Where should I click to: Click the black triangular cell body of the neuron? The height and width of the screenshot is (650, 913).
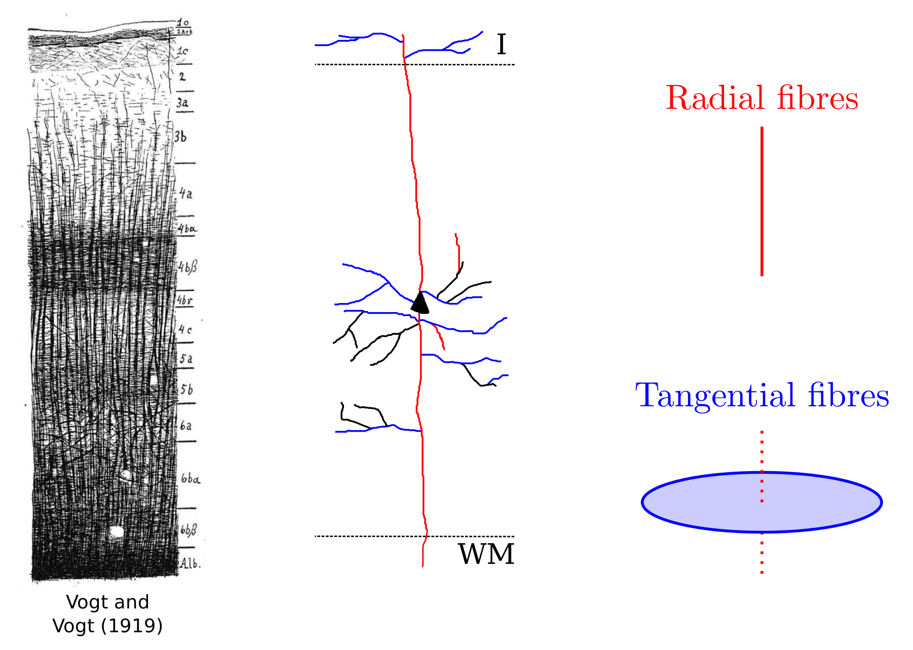pos(420,303)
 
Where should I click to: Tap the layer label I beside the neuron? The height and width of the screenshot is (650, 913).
pos(501,45)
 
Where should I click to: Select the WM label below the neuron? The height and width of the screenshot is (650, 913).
pos(486,554)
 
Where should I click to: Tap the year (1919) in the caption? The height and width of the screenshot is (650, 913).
pos(131,626)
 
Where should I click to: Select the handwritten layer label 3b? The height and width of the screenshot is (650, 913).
pos(181,137)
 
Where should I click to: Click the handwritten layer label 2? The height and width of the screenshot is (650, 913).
pos(182,77)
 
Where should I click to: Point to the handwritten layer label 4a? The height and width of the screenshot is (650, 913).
pos(185,194)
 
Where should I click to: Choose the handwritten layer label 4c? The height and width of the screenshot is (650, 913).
pos(185,329)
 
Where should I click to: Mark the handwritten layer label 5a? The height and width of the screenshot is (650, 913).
pos(186,359)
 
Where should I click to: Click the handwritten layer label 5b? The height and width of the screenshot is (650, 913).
pos(186,390)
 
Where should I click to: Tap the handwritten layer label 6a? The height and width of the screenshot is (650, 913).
pos(186,426)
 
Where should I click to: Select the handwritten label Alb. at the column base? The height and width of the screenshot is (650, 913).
pos(191,563)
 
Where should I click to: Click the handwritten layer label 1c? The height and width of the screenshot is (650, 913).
pos(182,51)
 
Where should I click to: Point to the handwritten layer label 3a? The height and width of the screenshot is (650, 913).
pos(182,103)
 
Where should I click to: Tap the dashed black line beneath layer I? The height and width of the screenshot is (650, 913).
pos(456,64)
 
